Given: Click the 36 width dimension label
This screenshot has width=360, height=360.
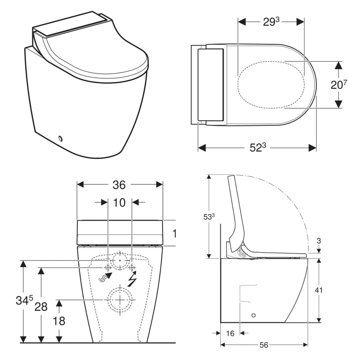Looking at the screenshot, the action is click(119, 185).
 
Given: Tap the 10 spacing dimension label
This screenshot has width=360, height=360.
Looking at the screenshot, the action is click(119, 202).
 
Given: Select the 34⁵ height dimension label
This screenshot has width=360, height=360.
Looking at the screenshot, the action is click(24, 300).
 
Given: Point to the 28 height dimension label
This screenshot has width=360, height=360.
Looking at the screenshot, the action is click(41, 307).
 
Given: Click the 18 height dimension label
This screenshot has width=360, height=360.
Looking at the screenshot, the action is click(59, 321).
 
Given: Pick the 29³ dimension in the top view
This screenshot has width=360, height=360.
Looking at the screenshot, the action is click(271, 22).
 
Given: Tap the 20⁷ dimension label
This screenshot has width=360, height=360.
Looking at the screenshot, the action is click(339, 85).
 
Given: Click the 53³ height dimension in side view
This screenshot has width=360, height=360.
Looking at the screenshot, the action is click(209, 217).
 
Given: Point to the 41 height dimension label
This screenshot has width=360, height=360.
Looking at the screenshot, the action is click(318, 290).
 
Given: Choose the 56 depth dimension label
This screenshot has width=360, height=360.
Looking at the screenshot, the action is click(264, 345).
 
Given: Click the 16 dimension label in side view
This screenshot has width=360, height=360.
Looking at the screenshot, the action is click(230, 333).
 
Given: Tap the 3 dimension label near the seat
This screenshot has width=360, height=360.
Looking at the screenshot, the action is click(318, 241).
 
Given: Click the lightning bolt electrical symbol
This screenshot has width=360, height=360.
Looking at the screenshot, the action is click(132, 278).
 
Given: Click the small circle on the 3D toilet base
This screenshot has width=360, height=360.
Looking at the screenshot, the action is click(60, 138).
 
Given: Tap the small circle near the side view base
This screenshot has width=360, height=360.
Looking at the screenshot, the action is click(254, 315).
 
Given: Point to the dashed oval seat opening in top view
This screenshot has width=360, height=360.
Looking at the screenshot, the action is click(271, 85).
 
